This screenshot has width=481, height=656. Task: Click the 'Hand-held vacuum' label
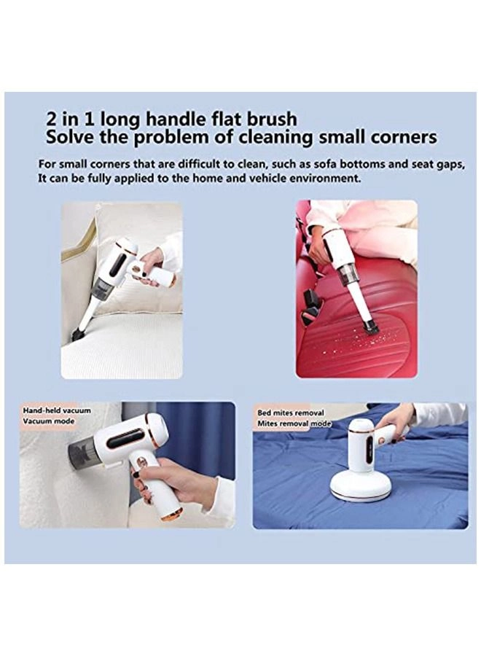(x=57, y=410)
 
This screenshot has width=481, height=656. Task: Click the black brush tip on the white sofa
(x=77, y=335)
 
